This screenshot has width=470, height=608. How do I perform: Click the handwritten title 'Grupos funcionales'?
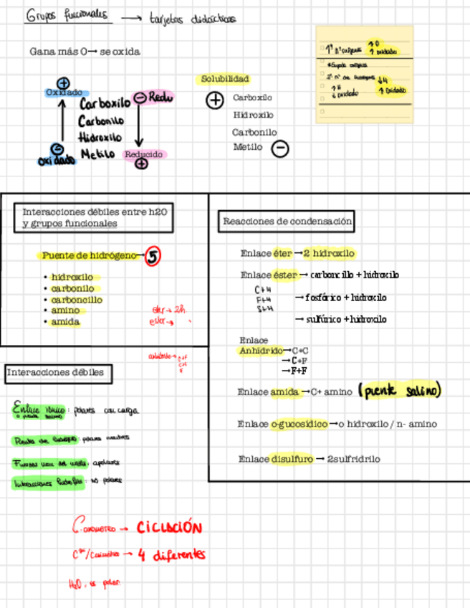[67, 16]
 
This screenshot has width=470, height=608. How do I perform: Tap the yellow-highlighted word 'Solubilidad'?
[225, 79]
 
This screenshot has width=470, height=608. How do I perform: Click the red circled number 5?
[153, 256]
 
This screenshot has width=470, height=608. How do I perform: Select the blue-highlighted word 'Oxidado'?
[64, 93]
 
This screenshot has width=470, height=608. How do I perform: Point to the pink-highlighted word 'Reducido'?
[144, 154]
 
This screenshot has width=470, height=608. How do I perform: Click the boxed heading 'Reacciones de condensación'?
[287, 222]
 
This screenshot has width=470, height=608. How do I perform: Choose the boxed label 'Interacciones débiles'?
[56, 373]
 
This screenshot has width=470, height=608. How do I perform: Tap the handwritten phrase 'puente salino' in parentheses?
[400, 391]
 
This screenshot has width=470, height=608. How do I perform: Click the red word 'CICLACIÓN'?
[169, 528]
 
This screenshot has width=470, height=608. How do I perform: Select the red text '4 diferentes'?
[172, 554]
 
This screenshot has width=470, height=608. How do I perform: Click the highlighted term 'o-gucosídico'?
[299, 424]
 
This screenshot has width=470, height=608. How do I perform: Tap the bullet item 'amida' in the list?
[65, 322]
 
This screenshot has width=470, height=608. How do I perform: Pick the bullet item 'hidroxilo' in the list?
[72, 277]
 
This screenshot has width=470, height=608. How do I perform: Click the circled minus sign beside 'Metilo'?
[281, 148]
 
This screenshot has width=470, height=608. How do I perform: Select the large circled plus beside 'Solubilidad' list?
[215, 100]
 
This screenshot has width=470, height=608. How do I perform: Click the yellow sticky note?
[365, 75]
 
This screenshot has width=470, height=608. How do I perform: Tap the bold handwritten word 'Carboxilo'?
[105, 104]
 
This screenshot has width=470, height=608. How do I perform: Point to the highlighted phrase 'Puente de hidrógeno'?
[89, 255]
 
